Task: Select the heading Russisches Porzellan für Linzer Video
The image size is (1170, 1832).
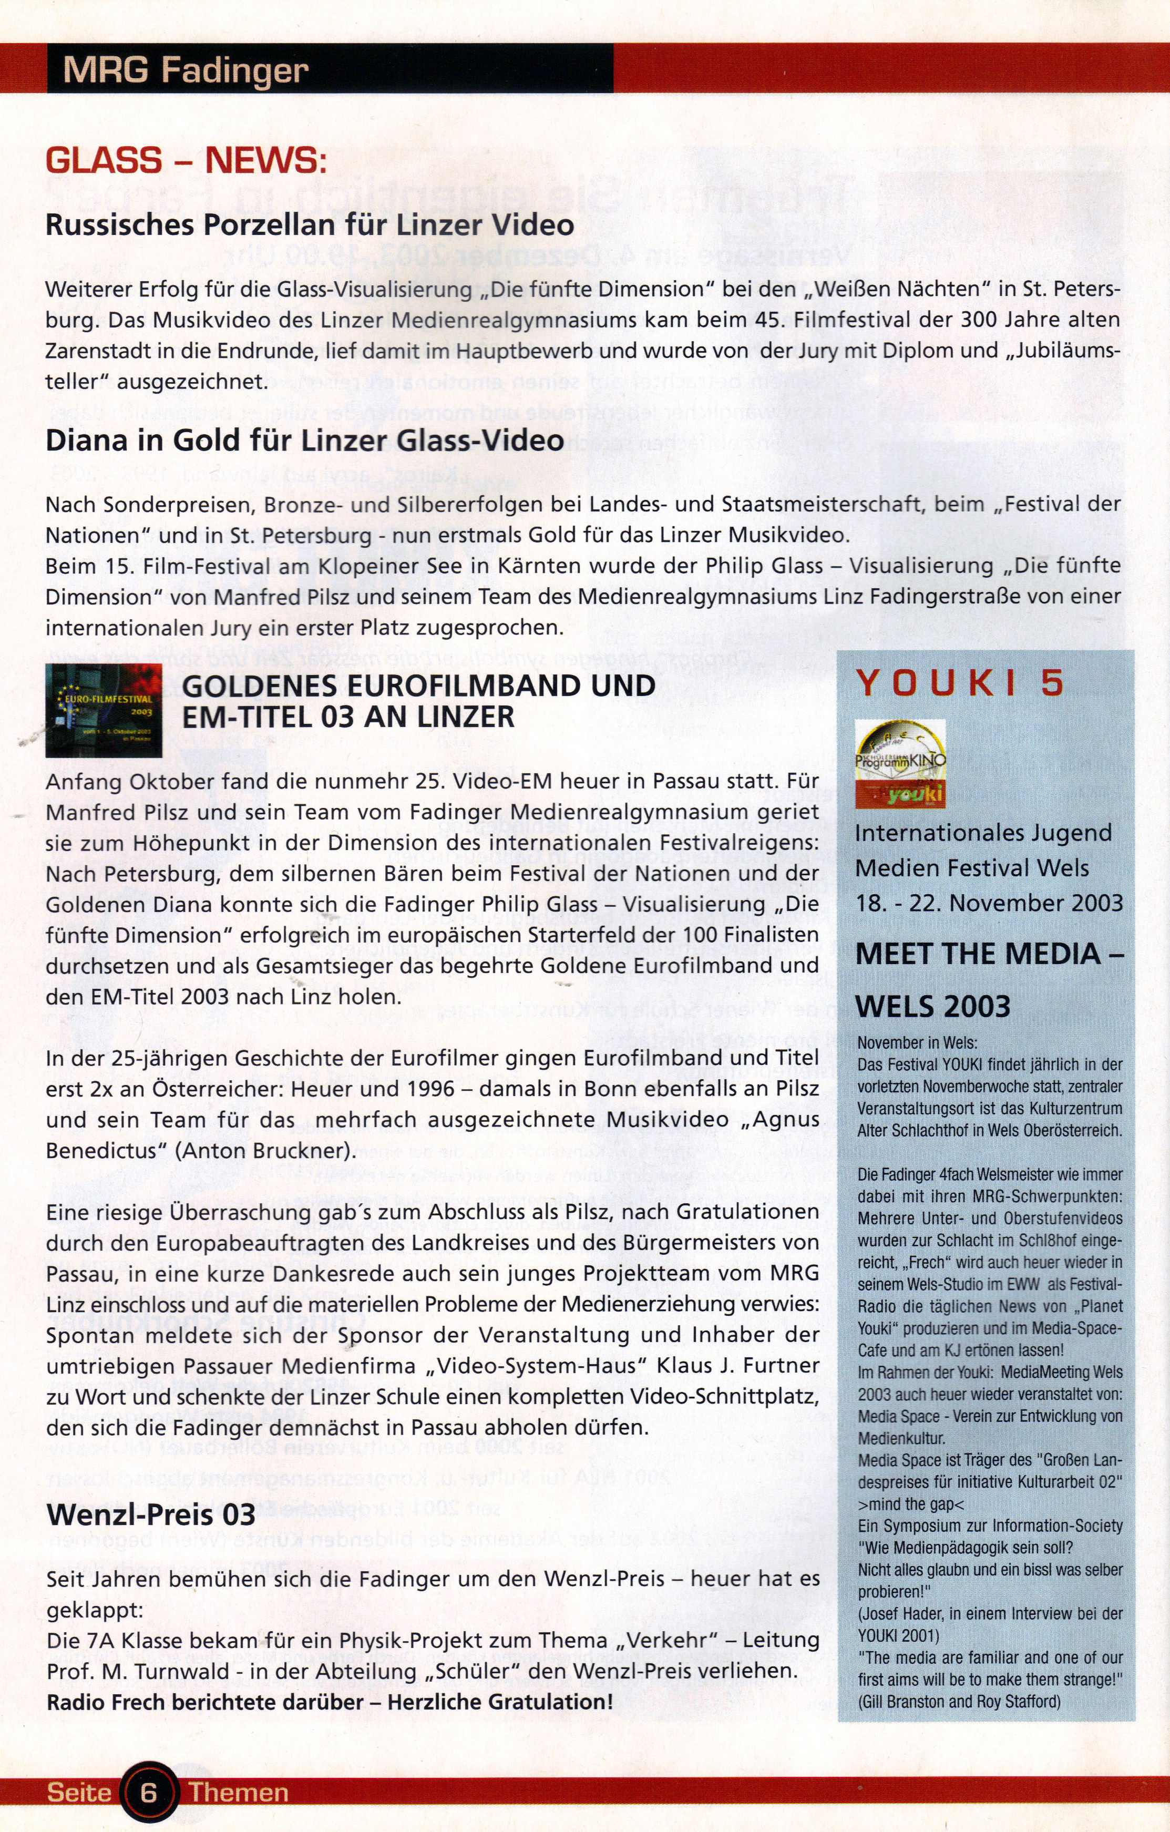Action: click(x=310, y=225)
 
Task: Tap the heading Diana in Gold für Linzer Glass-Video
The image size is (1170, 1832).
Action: click(x=304, y=441)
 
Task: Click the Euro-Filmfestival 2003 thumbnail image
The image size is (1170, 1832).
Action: click(x=104, y=710)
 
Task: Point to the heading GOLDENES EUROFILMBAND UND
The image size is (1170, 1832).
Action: click(x=418, y=685)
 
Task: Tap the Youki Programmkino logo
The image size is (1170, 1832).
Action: click(x=900, y=763)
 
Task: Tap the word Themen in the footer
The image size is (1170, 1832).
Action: click(x=239, y=1793)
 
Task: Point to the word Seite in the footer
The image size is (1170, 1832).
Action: click(x=79, y=1793)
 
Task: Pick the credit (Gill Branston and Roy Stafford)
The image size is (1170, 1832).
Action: click(x=959, y=1701)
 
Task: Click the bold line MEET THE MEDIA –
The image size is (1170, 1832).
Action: click(x=989, y=954)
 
